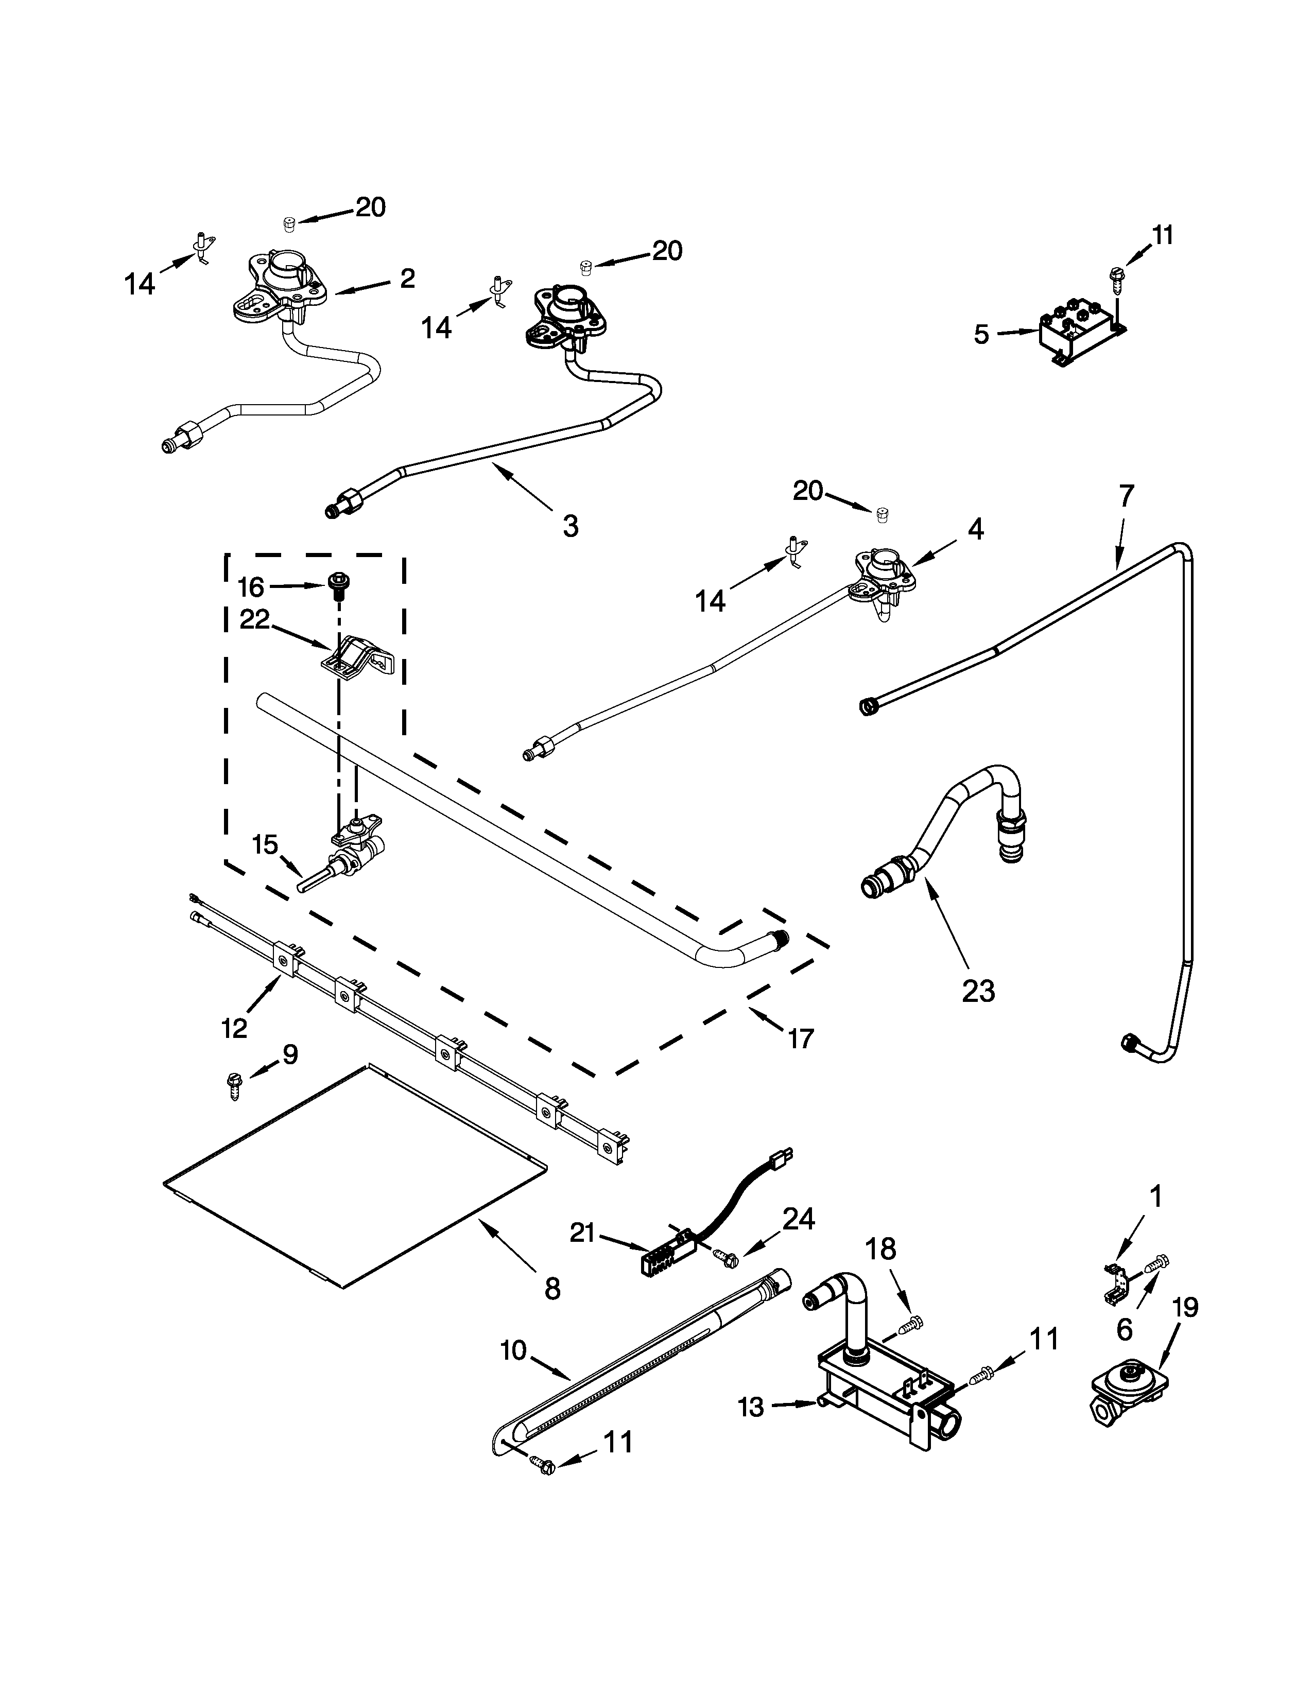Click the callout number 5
(x=981, y=335)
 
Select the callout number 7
(x=1126, y=495)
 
